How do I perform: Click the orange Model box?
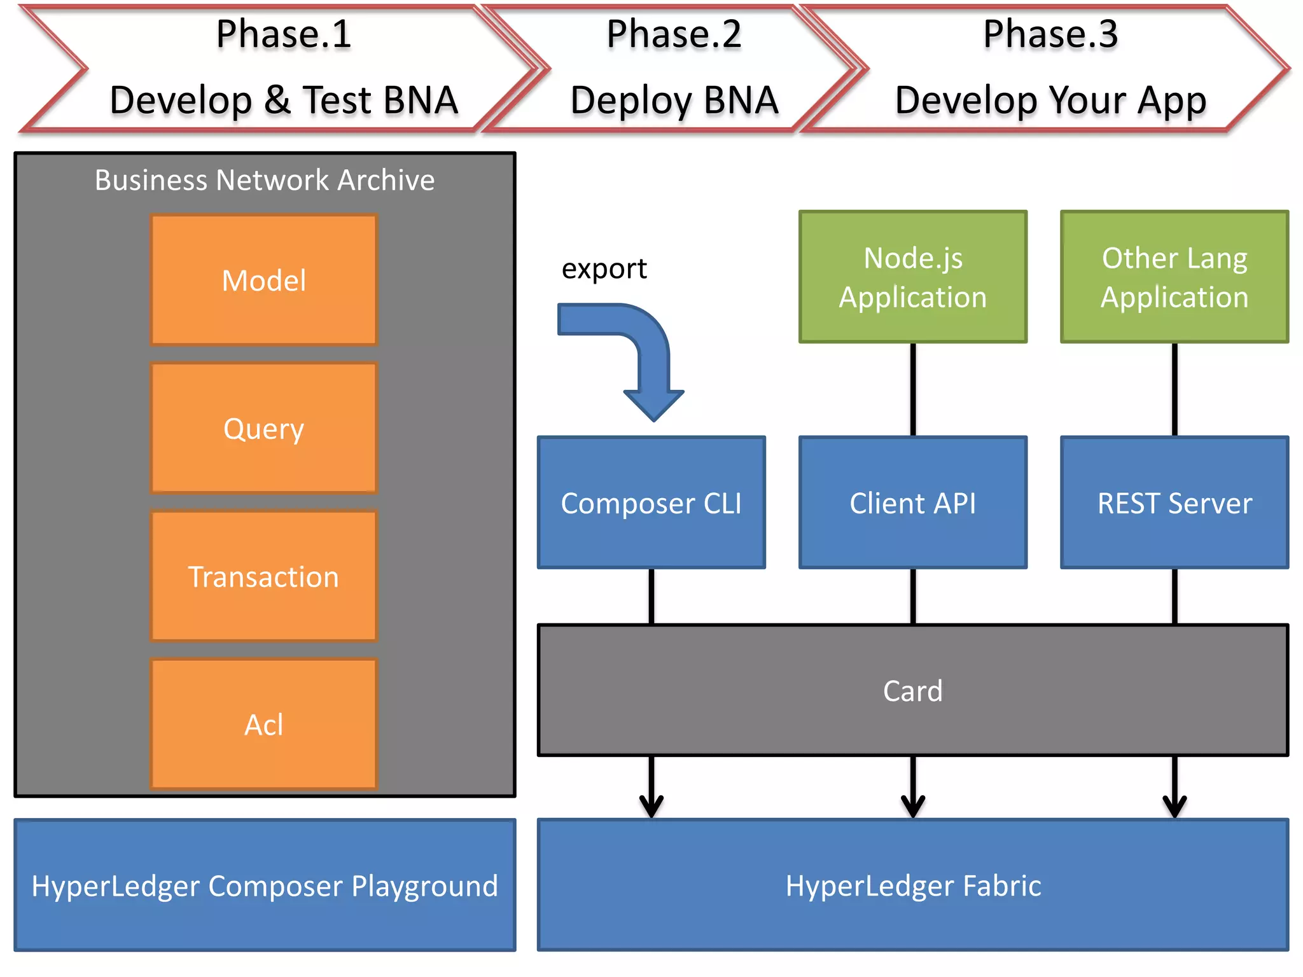pos(264,280)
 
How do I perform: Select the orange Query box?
pos(264,428)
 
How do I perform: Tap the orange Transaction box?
pos(264,576)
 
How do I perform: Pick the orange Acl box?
pos(264,724)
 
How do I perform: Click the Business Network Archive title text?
pos(265,180)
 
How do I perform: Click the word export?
pos(604,268)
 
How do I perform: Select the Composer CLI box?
pos(651,502)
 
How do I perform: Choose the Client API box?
pos(913,502)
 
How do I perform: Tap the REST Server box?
pos(1174,502)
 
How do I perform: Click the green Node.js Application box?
pos(913,277)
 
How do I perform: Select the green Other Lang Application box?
pos(1174,277)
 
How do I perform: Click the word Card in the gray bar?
pos(912,691)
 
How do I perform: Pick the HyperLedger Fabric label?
pos(913,885)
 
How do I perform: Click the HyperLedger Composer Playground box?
pos(265,885)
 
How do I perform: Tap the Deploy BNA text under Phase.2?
pos(674,100)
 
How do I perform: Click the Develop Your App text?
pos(1050,100)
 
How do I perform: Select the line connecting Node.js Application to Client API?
pos(913,389)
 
